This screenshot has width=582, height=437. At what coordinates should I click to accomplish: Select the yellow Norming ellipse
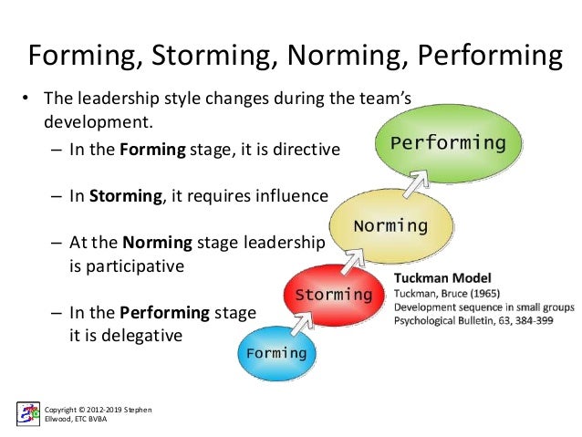click(x=390, y=224)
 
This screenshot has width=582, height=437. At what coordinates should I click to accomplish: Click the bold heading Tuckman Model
click(x=437, y=276)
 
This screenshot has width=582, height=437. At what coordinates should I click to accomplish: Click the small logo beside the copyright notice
click(x=28, y=413)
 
